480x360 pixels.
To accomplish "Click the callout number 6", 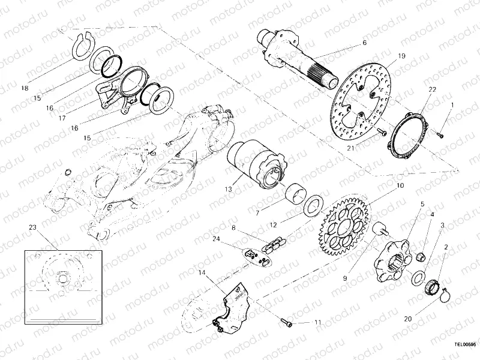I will pos(364,43).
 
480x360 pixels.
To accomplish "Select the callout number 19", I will pos(402,56).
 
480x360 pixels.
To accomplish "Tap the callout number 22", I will pos(432,89).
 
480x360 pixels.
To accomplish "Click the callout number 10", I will pos(400,186).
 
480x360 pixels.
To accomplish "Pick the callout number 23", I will pos(32,228).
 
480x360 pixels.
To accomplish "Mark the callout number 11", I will pos(318,323).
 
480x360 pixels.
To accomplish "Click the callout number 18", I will pos(24,88).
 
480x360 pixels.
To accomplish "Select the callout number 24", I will pos(216,239).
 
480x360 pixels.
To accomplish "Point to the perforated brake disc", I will pos(363,101).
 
